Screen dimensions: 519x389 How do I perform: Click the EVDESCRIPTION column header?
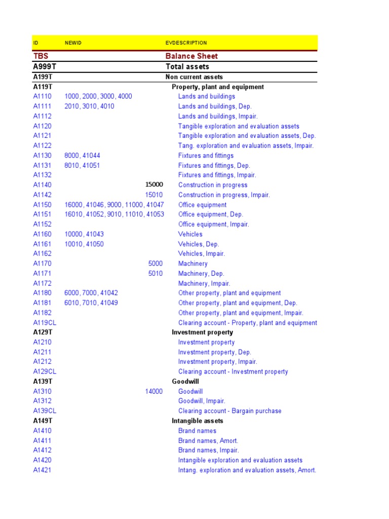pos(186,43)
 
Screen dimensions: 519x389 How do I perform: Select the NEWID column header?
pos(73,43)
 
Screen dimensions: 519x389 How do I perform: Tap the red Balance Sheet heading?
pos(191,56)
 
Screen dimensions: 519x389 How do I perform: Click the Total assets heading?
pos(187,66)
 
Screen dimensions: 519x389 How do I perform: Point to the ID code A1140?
pos(43,185)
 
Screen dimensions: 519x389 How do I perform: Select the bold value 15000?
pos(154,185)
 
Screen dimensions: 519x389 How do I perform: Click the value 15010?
pos(154,195)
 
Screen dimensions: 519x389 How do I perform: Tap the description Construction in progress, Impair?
pos(224,195)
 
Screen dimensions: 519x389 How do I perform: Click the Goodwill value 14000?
pos(154,391)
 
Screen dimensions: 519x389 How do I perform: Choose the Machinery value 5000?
pos(155,264)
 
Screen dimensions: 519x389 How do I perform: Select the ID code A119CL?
pos(45,323)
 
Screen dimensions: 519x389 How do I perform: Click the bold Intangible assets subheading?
pos(198,421)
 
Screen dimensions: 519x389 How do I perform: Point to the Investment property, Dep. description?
pos(215,352)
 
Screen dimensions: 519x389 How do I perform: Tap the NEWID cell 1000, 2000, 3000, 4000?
pos(98,96)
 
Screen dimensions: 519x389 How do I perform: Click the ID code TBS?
pos(41,56)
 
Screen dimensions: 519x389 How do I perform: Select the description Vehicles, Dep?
pos(199,244)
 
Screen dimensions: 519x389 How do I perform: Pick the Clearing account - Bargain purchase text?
pos(230,411)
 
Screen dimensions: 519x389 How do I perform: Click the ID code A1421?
pos(43,470)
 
